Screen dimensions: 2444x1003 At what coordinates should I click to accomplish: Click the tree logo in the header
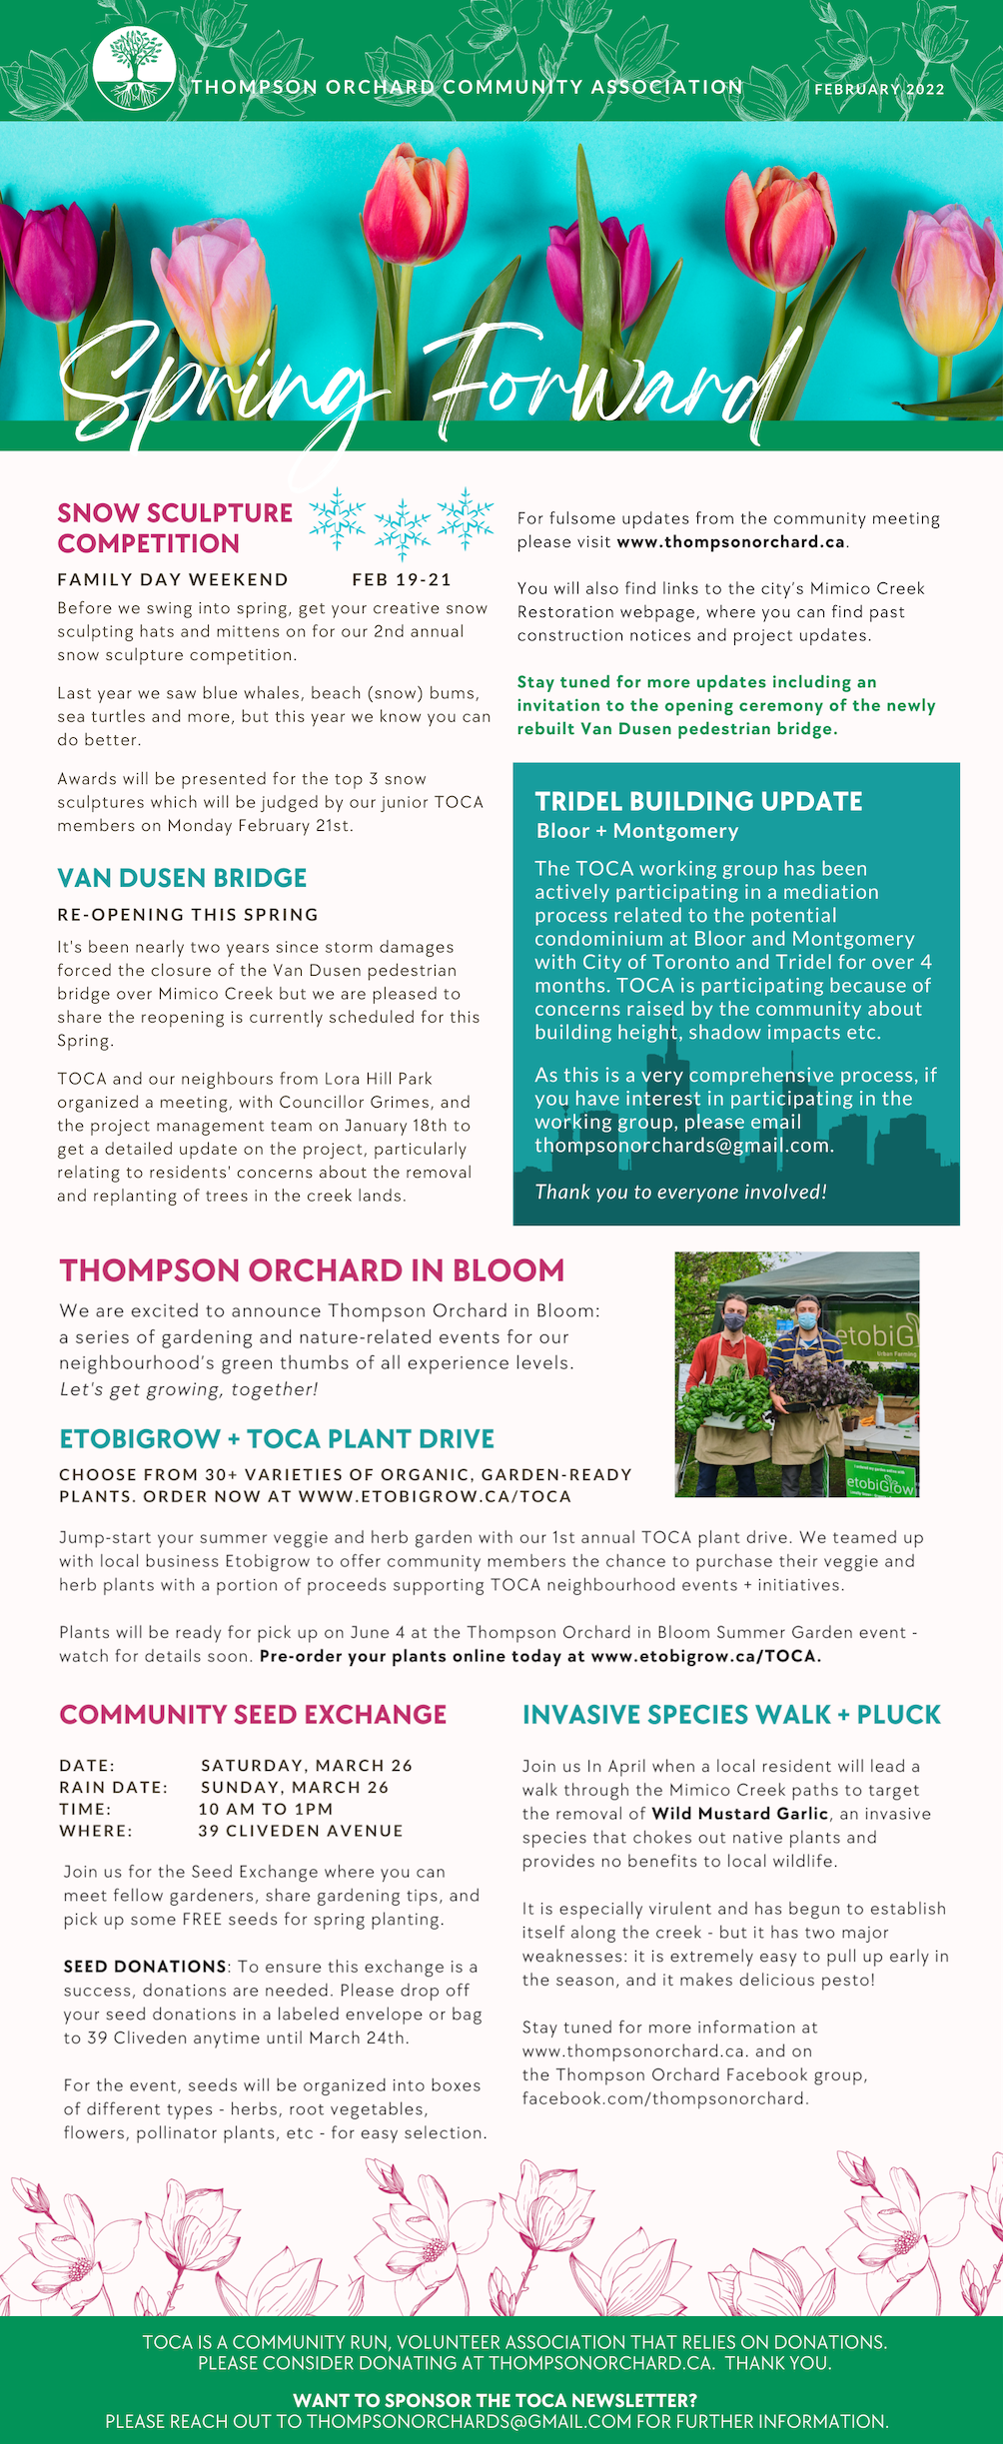pos(134,68)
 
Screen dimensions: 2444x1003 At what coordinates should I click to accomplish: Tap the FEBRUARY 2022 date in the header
pos(879,89)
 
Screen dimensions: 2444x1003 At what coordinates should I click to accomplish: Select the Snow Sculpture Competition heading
pos(175,527)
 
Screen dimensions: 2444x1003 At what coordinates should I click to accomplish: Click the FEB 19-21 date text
pos(402,579)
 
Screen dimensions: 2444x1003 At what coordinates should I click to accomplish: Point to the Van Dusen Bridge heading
pos(182,878)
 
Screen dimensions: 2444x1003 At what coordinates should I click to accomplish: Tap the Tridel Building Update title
pos(698,801)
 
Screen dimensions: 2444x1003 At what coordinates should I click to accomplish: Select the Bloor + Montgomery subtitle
pos(637,831)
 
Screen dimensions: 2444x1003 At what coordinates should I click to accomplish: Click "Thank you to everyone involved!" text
pos(680,1192)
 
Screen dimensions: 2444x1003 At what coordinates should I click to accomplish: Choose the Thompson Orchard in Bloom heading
pos(312,1270)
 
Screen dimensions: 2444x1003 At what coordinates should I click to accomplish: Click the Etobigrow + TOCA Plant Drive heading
pos(277,1438)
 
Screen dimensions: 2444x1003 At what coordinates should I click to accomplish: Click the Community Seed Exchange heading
pos(253,1714)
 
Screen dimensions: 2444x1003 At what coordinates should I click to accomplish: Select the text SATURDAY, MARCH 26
pos(307,1765)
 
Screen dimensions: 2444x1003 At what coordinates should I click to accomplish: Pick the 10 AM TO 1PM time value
pos(266,1809)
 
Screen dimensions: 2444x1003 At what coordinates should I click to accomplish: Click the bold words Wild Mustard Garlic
pos(740,1813)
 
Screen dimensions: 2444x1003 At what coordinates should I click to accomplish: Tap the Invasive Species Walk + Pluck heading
pos(731,1714)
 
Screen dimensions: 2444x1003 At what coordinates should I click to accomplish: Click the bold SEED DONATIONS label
pos(145,1966)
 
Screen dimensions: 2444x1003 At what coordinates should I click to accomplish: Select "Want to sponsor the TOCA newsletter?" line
pos(495,2400)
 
